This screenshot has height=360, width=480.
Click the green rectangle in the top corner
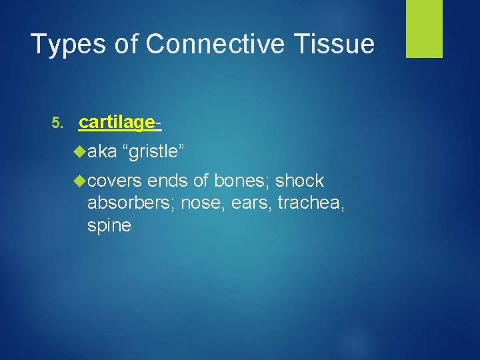point(424,29)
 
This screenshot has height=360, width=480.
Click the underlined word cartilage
point(117,123)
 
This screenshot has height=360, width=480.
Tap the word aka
point(101,152)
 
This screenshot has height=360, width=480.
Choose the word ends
point(168,181)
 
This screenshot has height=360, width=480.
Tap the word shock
point(300,181)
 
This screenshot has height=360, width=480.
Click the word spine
point(109,226)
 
